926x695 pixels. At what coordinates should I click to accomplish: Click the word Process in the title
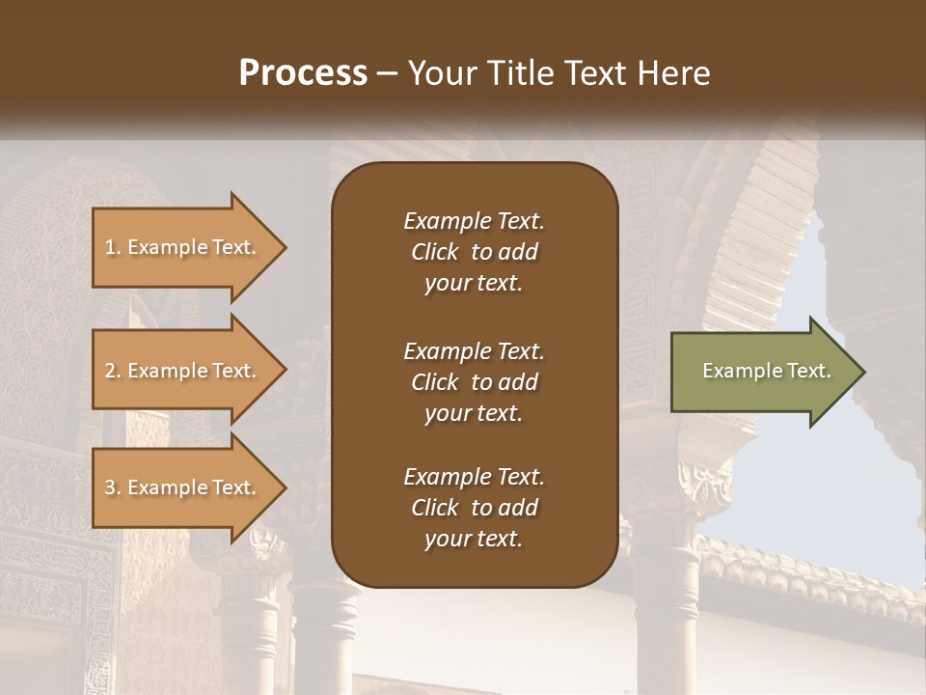[303, 73]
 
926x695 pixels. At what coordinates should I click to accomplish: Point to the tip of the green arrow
[863, 372]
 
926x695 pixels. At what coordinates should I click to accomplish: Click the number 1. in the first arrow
[113, 247]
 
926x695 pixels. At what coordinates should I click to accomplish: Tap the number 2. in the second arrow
[113, 371]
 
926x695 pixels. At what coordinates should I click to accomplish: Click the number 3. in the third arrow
[113, 487]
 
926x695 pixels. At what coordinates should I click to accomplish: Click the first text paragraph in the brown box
[474, 252]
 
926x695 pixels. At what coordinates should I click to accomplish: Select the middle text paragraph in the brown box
[474, 382]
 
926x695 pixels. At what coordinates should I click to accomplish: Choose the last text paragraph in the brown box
[474, 508]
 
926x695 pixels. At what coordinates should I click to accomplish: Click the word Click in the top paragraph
[435, 253]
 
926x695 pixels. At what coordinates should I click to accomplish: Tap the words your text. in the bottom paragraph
[474, 540]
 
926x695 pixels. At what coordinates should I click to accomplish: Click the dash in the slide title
[388, 74]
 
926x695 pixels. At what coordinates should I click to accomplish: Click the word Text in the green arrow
[809, 371]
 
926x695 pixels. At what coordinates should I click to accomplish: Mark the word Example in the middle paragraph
[447, 351]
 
